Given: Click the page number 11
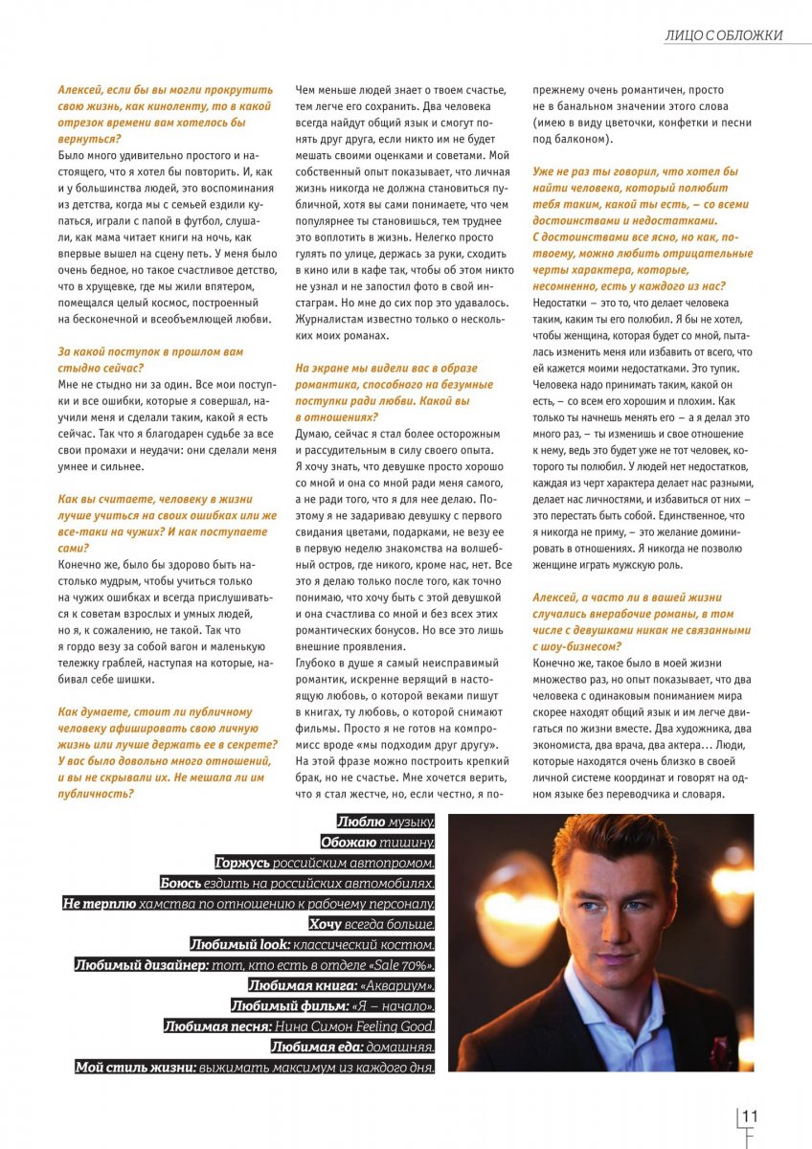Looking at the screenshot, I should tap(750, 1115).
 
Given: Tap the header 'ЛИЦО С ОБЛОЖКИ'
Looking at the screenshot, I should tap(724, 35).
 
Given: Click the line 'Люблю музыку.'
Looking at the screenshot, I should tap(386, 822).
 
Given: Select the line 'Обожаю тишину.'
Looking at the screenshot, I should tap(378, 843).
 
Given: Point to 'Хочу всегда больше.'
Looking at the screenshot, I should tap(372, 924).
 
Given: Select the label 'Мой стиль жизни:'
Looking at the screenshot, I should tap(136, 1067).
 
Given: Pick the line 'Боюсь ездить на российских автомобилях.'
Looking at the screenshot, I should tap(297, 883).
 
